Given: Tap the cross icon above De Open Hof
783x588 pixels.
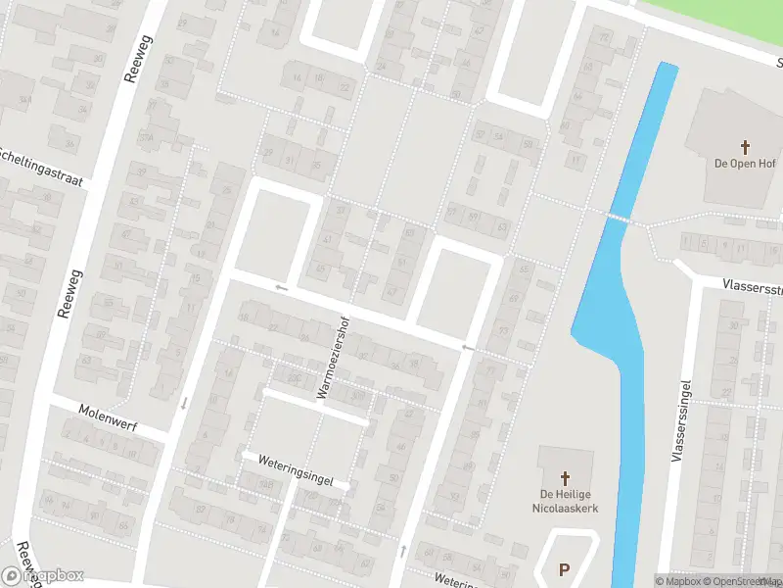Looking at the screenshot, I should click(x=745, y=147).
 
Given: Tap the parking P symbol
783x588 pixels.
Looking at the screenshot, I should click(x=564, y=569).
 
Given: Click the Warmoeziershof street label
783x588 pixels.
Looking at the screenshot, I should click(x=332, y=357).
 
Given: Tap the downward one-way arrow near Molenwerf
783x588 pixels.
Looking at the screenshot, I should click(x=184, y=402).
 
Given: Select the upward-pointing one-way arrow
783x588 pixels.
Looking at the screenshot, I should click(x=402, y=552).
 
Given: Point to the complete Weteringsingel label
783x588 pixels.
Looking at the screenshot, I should click(x=295, y=470).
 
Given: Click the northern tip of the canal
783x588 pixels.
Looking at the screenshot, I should click(x=668, y=67).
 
